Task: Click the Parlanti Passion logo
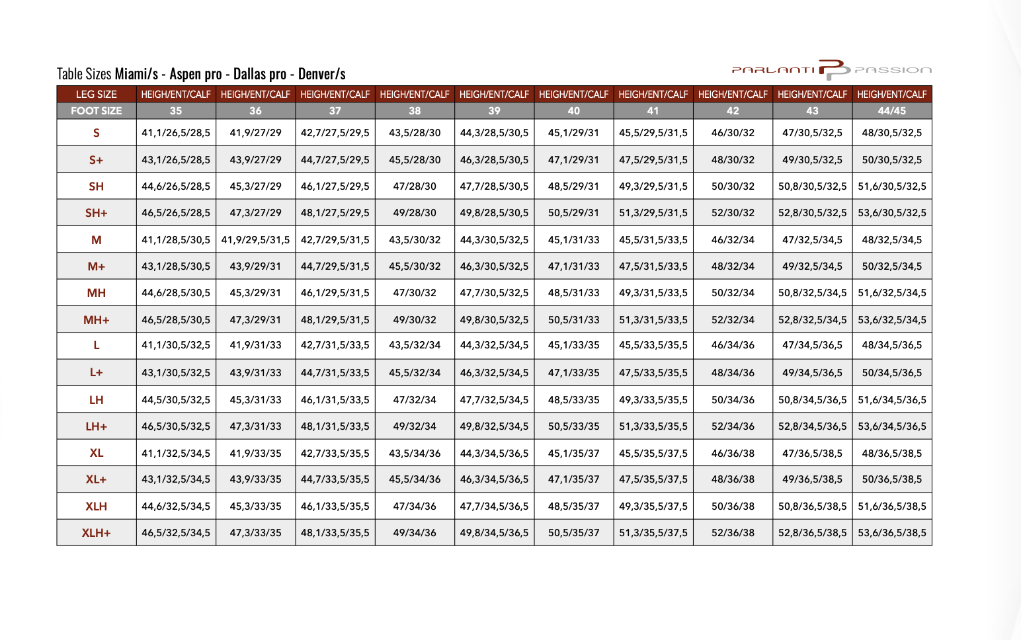[831, 69]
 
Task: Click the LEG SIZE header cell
[97, 95]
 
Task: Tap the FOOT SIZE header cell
[97, 111]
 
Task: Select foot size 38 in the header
[415, 111]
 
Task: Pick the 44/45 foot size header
[891, 111]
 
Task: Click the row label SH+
[97, 213]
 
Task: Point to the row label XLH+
[97, 533]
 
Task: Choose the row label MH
[97, 293]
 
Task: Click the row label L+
[97, 373]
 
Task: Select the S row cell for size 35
[176, 133]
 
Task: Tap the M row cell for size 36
[255, 240]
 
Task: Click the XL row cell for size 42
[733, 454]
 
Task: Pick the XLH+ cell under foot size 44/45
[891, 533]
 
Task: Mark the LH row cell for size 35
[176, 400]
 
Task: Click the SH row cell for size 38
[415, 186]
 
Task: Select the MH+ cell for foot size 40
[573, 320]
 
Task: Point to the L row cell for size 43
[812, 345]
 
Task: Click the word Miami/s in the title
[136, 74]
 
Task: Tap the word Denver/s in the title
[322, 74]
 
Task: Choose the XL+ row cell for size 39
[494, 479]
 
